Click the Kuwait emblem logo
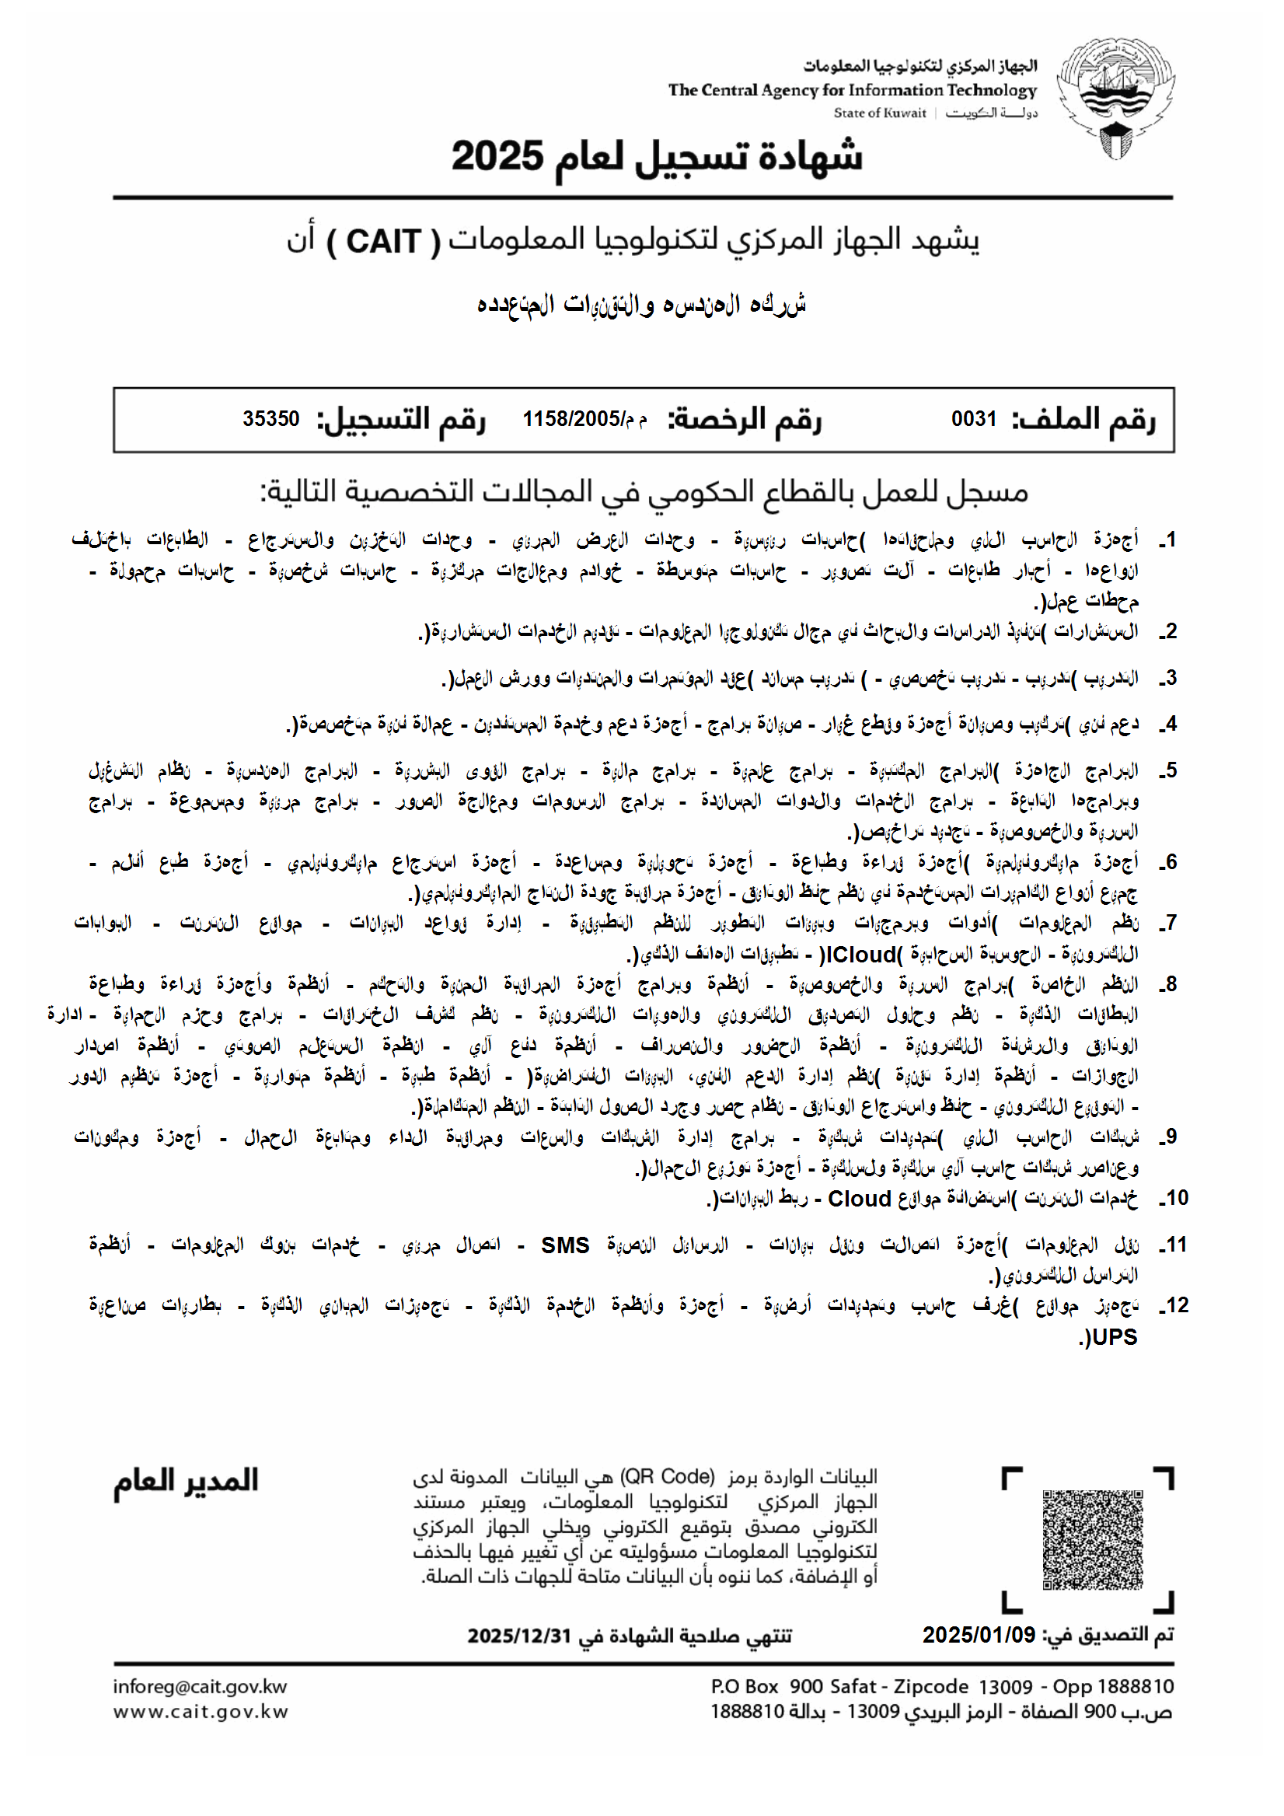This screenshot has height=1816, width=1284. click(x=1115, y=99)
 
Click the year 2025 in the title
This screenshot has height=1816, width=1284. click(x=497, y=155)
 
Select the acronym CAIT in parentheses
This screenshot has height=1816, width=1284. click(x=383, y=241)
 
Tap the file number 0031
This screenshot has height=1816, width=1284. click(x=973, y=419)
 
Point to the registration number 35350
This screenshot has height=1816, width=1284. click(x=271, y=419)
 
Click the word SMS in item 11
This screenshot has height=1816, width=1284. click(x=564, y=1245)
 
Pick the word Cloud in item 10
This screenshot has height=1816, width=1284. click(x=860, y=1199)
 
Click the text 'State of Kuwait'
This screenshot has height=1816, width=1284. click(x=879, y=113)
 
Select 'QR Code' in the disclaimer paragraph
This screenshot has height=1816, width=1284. click(x=668, y=1477)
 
